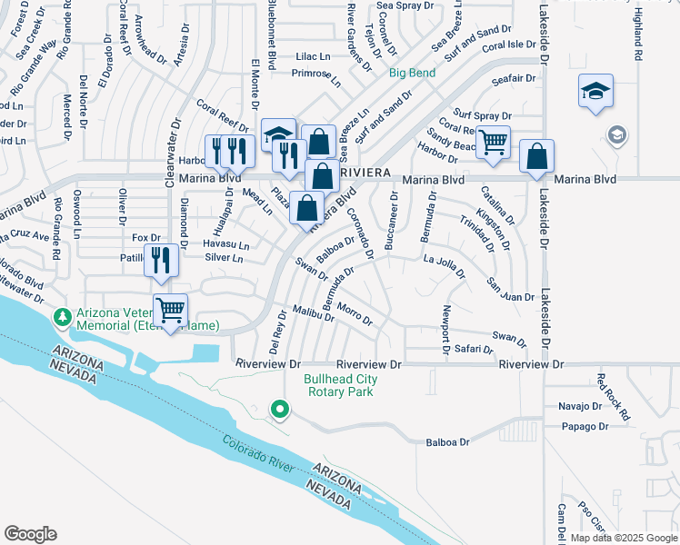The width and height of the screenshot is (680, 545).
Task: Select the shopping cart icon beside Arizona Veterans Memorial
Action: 171,311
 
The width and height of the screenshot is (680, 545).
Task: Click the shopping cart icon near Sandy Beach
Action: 493,142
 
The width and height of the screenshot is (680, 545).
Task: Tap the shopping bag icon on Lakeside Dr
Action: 537,156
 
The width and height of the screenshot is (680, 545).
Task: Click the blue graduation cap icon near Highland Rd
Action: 595,91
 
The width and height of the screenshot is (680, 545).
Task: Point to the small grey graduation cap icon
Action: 616,136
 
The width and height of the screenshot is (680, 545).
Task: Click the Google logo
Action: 30,534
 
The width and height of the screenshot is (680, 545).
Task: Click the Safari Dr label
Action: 474,348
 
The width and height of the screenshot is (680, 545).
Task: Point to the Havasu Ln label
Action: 226,245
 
